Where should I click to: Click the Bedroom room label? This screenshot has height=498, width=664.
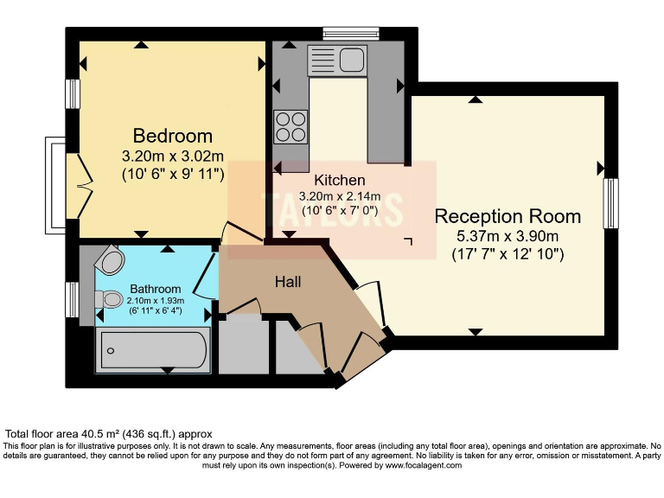click(172, 136)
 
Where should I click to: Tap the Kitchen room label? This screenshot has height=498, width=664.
click(339, 181)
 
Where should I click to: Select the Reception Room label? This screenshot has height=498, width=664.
click(508, 216)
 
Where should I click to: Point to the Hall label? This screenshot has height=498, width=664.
click(287, 282)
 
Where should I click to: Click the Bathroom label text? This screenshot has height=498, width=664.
click(156, 289)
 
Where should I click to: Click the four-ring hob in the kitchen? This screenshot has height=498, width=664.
click(291, 127)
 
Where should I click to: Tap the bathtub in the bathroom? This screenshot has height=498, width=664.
click(152, 349)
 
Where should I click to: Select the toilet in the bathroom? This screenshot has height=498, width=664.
click(110, 298)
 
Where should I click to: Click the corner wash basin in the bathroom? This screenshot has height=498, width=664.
click(112, 260)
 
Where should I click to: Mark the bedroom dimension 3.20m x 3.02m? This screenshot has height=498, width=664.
click(172, 156)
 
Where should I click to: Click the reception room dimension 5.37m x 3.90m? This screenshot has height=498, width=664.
click(508, 236)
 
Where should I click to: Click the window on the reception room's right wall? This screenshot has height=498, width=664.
click(610, 203)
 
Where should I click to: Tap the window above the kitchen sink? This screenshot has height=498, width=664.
click(351, 34)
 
